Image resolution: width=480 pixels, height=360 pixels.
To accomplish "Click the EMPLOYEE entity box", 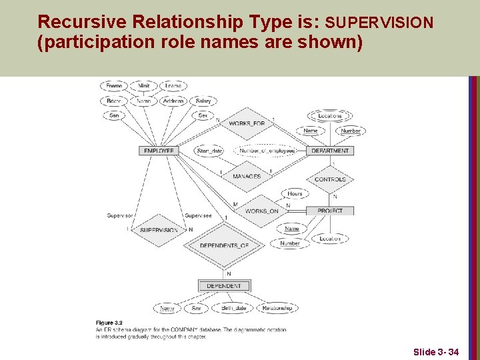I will tap(159, 151).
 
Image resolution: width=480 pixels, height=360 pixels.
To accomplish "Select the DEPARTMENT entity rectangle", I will tap(330, 151).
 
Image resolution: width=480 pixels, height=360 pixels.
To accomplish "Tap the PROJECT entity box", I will tap(330, 211).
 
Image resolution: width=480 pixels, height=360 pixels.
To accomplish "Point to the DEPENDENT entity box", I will tap(224, 286).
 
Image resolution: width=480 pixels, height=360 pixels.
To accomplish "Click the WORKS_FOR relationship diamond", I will tap(247, 123).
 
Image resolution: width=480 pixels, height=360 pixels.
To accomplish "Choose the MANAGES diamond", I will tap(247, 177).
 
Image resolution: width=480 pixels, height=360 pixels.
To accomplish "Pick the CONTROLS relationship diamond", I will tap(330, 179).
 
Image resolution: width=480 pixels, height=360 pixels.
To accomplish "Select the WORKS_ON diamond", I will tap(261, 211).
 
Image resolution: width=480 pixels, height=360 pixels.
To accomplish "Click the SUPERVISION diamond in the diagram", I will tap(159, 230).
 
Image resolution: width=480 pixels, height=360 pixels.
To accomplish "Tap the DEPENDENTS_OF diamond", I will tap(224, 245).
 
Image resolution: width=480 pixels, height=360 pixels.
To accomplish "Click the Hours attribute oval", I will tap(295, 194).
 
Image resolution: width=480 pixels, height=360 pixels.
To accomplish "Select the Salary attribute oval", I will tap(203, 101).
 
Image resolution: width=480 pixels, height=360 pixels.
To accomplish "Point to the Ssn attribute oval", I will tap(114, 115).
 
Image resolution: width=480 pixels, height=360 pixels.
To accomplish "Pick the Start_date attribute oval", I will tap(210, 151).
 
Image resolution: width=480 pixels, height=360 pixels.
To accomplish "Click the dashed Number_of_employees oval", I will tap(267, 151).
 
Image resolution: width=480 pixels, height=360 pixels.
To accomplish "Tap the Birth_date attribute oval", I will tap(233, 308).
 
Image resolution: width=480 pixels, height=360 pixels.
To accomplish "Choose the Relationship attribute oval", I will tap(277, 308).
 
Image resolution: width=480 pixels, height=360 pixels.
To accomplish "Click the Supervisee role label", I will tap(198, 215).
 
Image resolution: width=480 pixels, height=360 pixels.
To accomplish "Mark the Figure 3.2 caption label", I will tap(109, 323).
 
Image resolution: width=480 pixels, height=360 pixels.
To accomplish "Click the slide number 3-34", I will tap(436, 351).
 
